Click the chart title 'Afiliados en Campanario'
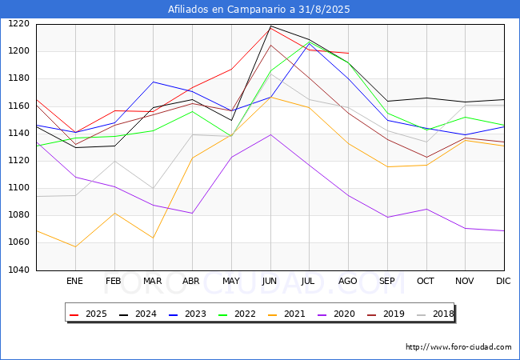click(x=227, y=10)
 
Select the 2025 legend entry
click(x=88, y=314)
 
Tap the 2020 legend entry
click(x=336, y=314)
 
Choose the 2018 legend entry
click(x=435, y=314)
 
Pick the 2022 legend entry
click(x=237, y=314)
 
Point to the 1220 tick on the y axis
click(x=19, y=24)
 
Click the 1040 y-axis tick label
click(x=19, y=270)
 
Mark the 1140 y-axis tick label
click(x=19, y=134)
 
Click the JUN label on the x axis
click(x=269, y=281)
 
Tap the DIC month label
click(x=503, y=281)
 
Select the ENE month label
click(x=74, y=281)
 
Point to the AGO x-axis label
click(x=347, y=281)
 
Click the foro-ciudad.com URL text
click(x=458, y=346)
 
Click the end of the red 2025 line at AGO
click(x=348, y=53)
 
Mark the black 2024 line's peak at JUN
click(x=270, y=26)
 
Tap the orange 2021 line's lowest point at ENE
click(x=76, y=246)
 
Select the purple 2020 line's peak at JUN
click(x=270, y=134)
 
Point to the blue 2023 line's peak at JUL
click(x=310, y=43)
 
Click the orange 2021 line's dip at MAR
click(x=154, y=238)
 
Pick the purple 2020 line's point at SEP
click(x=387, y=217)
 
